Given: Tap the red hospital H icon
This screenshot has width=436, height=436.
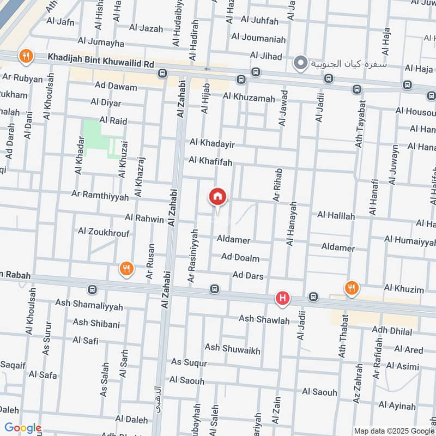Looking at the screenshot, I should coord(282,298).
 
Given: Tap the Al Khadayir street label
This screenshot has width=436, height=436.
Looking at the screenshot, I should coord(212,143).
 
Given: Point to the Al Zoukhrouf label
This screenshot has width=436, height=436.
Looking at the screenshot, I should coord(104,233).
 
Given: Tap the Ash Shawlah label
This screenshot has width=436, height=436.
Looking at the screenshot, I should coord(264,320).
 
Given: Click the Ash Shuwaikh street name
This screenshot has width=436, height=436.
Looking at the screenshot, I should coord(232,348).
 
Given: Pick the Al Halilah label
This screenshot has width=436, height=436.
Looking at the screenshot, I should coord(336,216).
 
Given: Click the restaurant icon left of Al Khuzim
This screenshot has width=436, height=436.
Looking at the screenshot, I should coord(352,288).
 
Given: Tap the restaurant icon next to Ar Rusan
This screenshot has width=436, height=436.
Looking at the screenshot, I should coord(126,268).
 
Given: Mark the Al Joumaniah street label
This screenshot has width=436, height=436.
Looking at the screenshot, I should coord(258,38).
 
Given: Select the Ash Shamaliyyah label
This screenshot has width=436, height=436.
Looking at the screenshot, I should coord(89,304).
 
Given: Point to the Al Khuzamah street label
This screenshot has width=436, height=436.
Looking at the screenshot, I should coord(249,98).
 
